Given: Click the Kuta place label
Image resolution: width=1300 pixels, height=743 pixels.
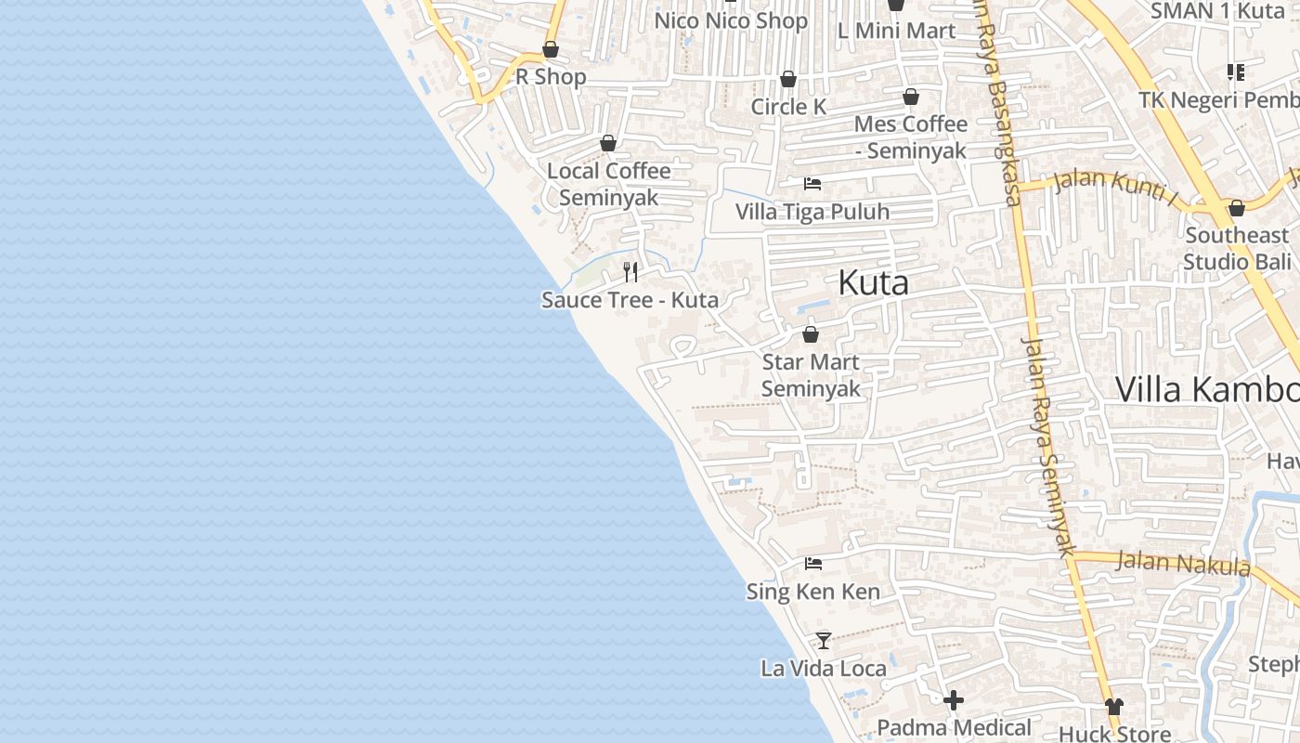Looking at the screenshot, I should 873,283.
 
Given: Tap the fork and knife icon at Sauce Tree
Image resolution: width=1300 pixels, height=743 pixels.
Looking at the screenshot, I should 630,271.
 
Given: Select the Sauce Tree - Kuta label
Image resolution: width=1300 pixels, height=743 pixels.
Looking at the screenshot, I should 630,300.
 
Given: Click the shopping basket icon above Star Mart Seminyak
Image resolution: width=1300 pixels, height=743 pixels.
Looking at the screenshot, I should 811,334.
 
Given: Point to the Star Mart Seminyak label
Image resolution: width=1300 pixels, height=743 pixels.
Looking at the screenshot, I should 811,375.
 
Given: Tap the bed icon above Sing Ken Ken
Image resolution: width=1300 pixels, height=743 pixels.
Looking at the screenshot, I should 813,563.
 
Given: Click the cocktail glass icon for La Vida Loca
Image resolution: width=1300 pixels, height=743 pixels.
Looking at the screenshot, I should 823,640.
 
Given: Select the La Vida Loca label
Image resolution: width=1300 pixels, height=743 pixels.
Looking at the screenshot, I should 823,668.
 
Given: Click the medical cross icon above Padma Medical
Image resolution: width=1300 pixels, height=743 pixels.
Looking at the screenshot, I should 954,700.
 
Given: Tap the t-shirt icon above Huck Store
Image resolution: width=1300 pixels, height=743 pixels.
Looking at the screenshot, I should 1114,707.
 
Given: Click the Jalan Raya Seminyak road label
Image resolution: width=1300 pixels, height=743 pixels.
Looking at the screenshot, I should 1047,446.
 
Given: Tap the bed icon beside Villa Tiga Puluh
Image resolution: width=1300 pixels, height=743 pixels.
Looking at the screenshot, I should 812,184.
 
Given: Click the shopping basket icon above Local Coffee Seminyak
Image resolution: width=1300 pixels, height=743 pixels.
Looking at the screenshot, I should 608,143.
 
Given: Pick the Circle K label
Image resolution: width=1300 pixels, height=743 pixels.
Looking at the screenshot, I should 788,107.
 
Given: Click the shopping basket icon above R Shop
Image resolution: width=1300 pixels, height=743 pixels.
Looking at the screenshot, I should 551,49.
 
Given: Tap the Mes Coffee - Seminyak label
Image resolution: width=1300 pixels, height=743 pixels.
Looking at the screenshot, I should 910,137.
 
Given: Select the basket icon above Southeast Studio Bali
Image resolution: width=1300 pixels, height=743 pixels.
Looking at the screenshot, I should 1236,208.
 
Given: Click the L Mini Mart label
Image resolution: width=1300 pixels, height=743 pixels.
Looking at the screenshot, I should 895,31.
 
